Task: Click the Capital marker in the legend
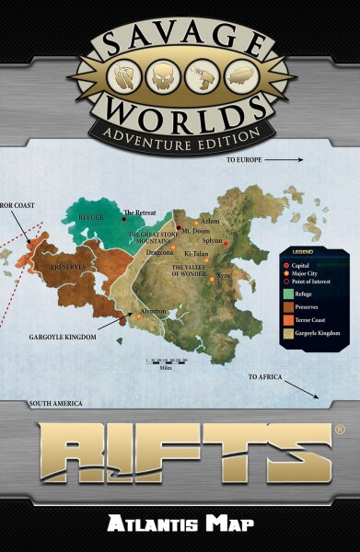point(286,264)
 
